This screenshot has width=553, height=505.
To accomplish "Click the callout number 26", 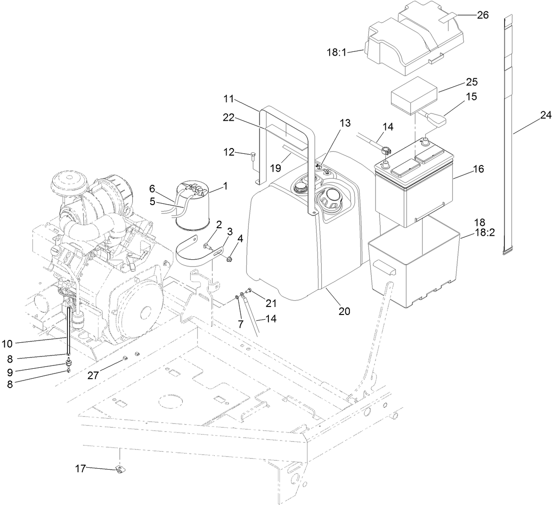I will tap(482, 15).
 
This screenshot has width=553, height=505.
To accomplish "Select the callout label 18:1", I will tap(337, 52).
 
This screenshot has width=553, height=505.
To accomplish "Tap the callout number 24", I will tap(545, 115).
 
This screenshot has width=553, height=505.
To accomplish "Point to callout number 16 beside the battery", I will tap(478, 169).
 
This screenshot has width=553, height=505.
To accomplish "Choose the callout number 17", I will tap(81, 469).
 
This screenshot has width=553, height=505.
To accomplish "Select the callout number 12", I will tap(229, 153).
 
